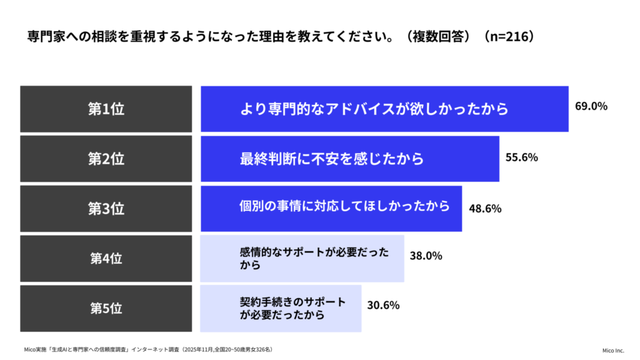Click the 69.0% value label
click(x=591, y=106)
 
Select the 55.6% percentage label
click(x=521, y=157)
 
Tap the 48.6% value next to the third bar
click(x=484, y=209)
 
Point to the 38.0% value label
click(x=426, y=256)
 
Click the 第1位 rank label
click(x=106, y=109)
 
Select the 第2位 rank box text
click(x=106, y=159)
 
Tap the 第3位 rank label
click(x=106, y=209)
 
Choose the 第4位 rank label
click(x=106, y=258)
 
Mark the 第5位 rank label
click(x=106, y=308)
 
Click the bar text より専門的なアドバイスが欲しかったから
click(x=374, y=109)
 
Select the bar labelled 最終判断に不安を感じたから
click(x=331, y=159)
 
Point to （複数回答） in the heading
click(x=436, y=36)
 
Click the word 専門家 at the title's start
click(x=47, y=36)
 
